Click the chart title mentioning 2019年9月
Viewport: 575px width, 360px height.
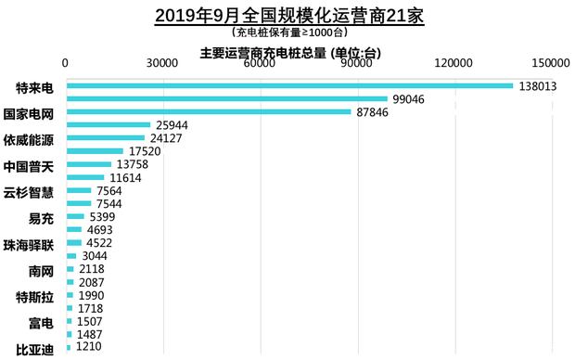(288, 17)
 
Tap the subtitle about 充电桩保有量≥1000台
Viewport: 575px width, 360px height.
(288, 34)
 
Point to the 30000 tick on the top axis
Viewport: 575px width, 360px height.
(162, 64)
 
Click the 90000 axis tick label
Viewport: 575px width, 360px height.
(356, 64)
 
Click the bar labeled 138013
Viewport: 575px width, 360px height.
(289, 86)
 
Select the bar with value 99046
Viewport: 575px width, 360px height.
(226, 99)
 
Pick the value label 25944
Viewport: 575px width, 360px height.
(172, 125)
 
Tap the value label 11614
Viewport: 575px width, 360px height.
(125, 177)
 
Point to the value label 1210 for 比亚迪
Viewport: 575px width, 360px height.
(90, 347)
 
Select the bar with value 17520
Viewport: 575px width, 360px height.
(95, 151)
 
